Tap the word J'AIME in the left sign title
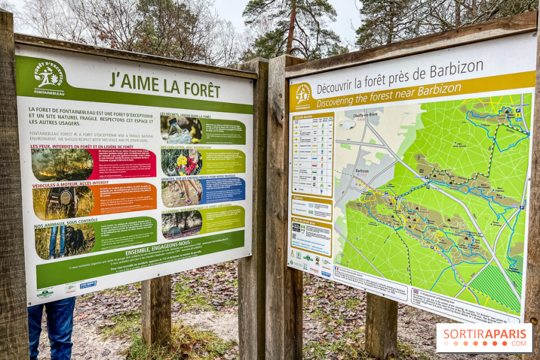[x=125, y=80]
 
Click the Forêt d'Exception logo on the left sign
[x=48, y=77]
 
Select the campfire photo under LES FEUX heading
[x=62, y=165]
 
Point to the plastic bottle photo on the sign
[x=181, y=129]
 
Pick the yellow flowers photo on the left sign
[x=182, y=161]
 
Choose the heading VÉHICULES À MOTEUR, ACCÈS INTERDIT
[x=70, y=184]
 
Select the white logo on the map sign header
[x=302, y=94]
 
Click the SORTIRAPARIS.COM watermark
[x=484, y=337]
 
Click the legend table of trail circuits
[x=313, y=155]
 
